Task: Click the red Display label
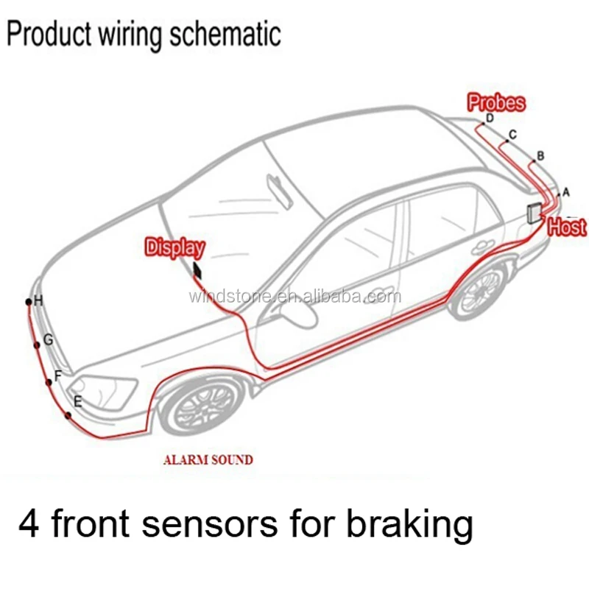(x=175, y=248)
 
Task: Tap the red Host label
(x=567, y=227)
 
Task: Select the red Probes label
(x=496, y=102)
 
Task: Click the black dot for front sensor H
(x=29, y=302)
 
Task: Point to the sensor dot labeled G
(x=36, y=345)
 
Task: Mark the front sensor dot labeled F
(x=49, y=382)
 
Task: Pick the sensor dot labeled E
(x=68, y=415)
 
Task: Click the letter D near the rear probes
(x=490, y=118)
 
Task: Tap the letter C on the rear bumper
(x=512, y=135)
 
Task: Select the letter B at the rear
(x=540, y=156)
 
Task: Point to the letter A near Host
(x=566, y=192)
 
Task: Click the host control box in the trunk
(x=534, y=214)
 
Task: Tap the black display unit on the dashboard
(x=197, y=270)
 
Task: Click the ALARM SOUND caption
(x=208, y=460)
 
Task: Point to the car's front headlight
(x=102, y=392)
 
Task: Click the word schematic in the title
(x=225, y=35)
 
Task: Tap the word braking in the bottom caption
(x=409, y=524)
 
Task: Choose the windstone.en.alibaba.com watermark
(x=295, y=297)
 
